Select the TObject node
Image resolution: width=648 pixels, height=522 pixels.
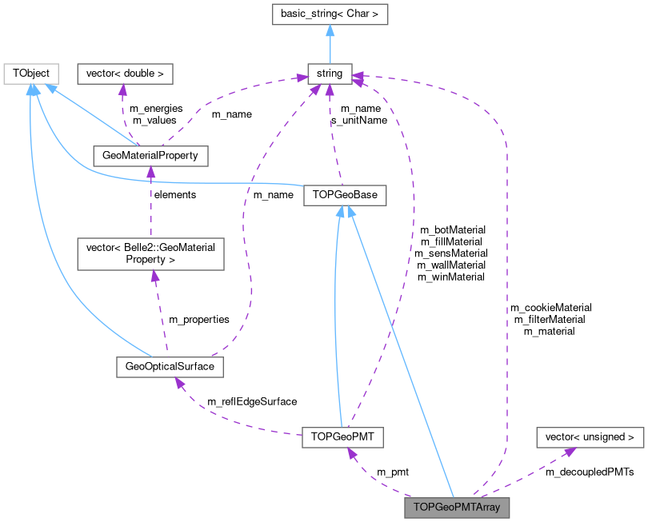pyautogui.click(x=30, y=74)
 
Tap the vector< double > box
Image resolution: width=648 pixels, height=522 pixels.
pyautogui.click(x=124, y=74)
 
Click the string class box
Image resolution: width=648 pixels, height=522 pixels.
pyautogui.click(x=330, y=74)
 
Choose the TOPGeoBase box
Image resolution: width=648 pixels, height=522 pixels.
pyautogui.click(x=345, y=195)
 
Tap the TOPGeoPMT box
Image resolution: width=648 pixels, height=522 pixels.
pyautogui.click(x=343, y=437)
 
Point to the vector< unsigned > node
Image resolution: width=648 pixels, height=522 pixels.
pyautogui.click(x=590, y=437)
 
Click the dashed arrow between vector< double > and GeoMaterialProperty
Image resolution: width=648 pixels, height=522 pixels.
pyautogui.click(x=123, y=112)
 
